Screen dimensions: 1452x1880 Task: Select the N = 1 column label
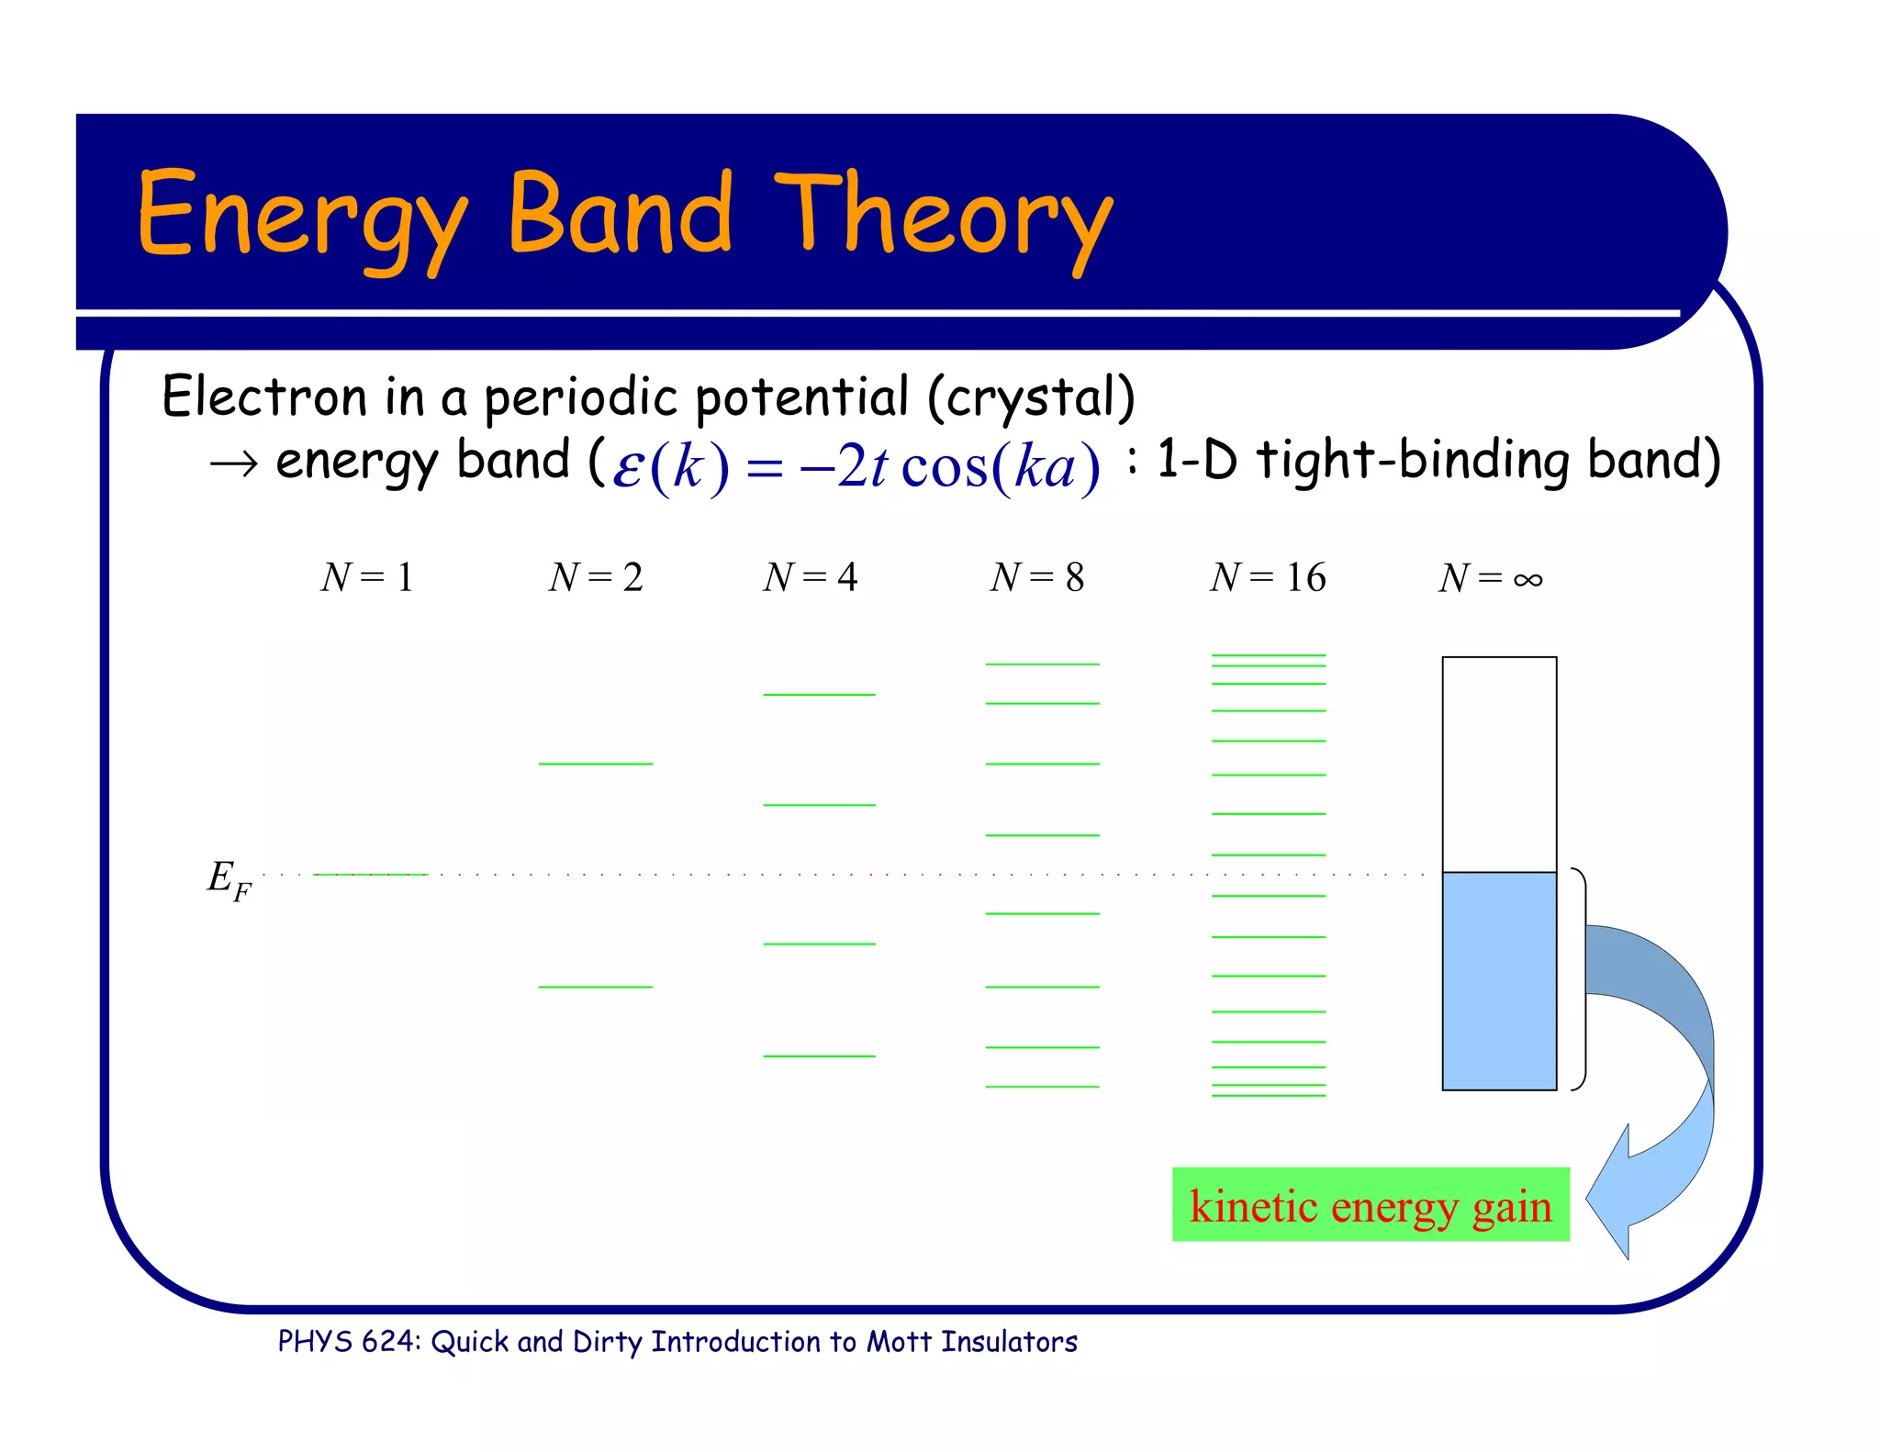(x=367, y=577)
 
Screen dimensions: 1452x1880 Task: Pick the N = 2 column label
(x=596, y=577)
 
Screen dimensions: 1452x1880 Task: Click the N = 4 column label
(x=810, y=577)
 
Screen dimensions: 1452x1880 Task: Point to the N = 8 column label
(x=1037, y=577)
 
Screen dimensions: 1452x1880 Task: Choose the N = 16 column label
(x=1268, y=577)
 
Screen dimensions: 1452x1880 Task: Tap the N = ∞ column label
(x=1491, y=578)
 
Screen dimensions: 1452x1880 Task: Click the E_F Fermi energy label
(x=228, y=879)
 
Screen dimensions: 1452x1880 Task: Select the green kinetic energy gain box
(x=1371, y=1205)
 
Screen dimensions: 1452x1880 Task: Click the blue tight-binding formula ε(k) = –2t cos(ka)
(x=856, y=466)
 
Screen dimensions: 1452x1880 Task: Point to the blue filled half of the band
(x=1499, y=980)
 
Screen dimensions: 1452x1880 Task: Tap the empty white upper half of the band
(x=1499, y=764)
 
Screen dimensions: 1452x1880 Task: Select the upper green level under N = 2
(x=596, y=764)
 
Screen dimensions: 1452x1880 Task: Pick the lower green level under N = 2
(x=596, y=987)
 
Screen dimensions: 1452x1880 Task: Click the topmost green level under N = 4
(x=819, y=695)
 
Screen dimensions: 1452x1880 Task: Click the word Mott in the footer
(x=901, y=1342)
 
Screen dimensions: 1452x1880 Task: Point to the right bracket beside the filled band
(x=1581, y=978)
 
